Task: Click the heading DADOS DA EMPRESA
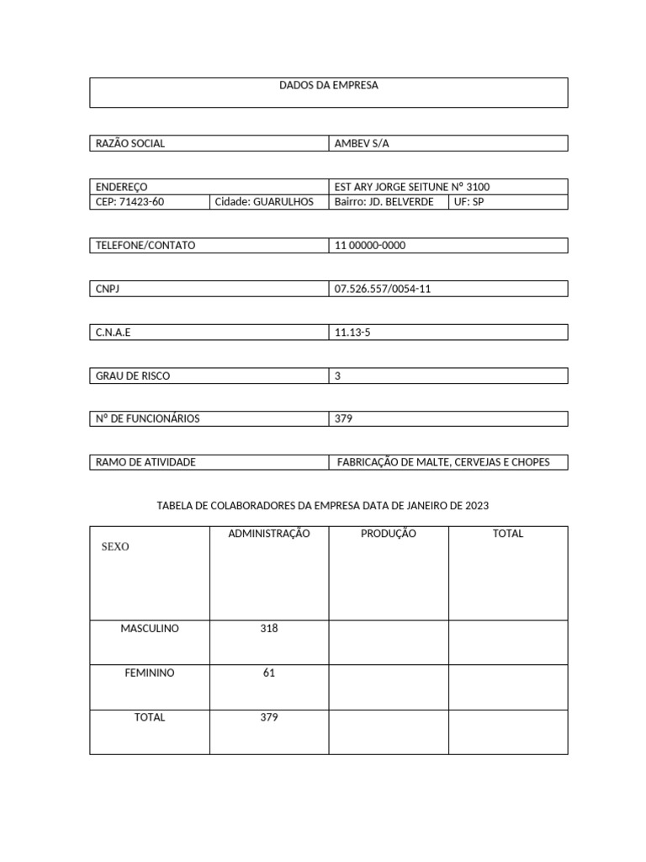(x=328, y=86)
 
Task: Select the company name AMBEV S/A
(x=362, y=144)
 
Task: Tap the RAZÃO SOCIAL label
(x=130, y=144)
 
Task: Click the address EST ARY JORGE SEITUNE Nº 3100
(x=411, y=187)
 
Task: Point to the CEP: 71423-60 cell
(x=130, y=202)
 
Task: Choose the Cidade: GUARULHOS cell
(x=264, y=202)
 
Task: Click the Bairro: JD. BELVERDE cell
(x=384, y=202)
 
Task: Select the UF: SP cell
(x=469, y=202)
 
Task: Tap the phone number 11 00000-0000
(x=370, y=246)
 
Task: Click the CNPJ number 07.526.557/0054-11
(x=383, y=290)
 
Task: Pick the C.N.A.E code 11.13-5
(x=352, y=333)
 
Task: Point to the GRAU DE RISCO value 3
(x=337, y=376)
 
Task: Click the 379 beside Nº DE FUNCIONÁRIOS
(x=343, y=419)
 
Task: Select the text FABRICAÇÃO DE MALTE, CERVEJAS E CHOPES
(x=443, y=463)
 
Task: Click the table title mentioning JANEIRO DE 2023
(x=323, y=506)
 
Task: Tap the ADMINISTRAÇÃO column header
(x=269, y=534)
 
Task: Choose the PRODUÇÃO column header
(x=388, y=534)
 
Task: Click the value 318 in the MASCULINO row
(x=269, y=629)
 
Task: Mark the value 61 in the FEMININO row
(x=269, y=673)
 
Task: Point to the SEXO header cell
(x=115, y=547)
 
